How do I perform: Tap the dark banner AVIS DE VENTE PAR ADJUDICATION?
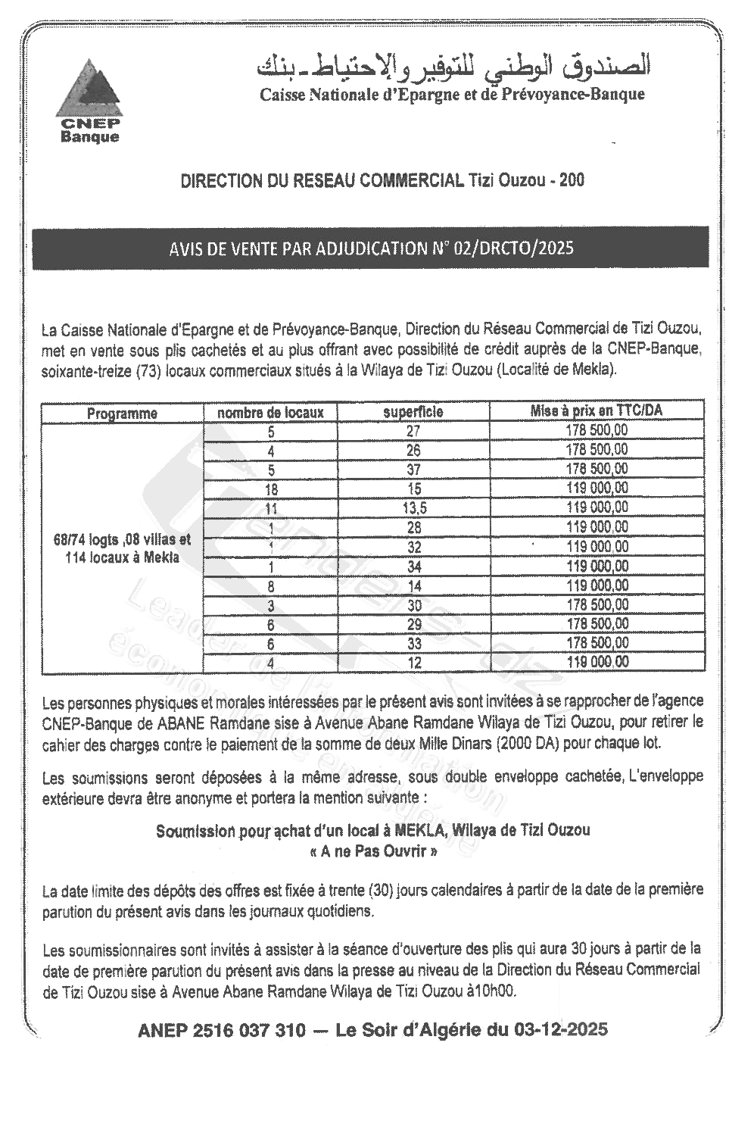pos(370,248)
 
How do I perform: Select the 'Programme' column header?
pos(122,414)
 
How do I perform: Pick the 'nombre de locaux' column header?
pos(270,413)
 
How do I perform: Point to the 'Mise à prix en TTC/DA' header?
pos(597,411)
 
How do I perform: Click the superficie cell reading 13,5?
pos(413,508)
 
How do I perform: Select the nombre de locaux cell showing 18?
pos(270,489)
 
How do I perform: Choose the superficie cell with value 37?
pos(413,470)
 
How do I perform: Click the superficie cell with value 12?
pos(413,663)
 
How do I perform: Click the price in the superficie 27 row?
pos(597,431)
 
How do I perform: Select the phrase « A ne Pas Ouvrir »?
pos(372,851)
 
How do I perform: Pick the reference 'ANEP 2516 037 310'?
pos(222,1031)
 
